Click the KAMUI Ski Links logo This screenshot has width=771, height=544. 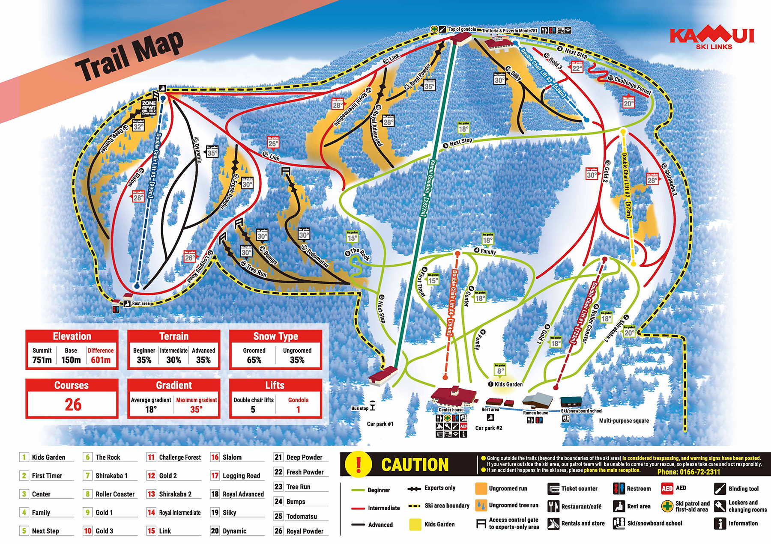[x=712, y=38]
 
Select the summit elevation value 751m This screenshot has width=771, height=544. [x=42, y=360]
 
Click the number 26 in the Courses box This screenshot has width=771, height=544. [x=73, y=404]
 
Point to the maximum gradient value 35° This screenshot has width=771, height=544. [x=196, y=409]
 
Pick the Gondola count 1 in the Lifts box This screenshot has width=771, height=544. [x=298, y=409]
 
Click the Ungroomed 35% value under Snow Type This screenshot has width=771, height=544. [x=297, y=360]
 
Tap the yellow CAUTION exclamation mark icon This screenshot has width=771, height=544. [x=359, y=464]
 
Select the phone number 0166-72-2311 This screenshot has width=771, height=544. [x=688, y=472]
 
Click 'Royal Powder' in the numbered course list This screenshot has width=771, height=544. [x=305, y=531]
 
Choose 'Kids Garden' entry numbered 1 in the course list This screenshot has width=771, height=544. [x=48, y=457]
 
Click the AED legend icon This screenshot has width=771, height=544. [x=667, y=488]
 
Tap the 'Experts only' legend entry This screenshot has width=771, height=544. [x=439, y=488]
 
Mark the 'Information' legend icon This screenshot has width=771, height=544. [x=720, y=523]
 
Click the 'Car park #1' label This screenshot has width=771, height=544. [x=380, y=424]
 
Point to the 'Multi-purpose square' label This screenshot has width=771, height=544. [x=624, y=421]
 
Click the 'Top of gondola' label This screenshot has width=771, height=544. [x=462, y=30]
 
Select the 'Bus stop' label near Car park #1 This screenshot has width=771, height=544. [x=359, y=408]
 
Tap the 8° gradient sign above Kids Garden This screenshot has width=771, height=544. [x=500, y=371]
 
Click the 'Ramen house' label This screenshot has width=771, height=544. [x=535, y=413]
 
